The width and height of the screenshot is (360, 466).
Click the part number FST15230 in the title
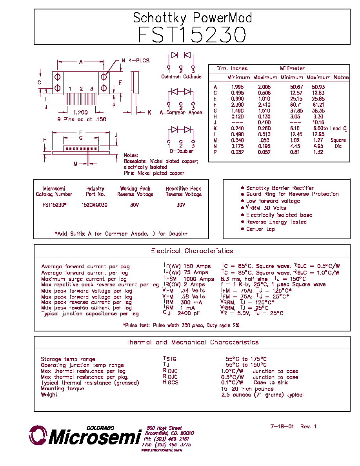click(x=192, y=35)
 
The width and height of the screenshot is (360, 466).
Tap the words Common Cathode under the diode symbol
click(x=181, y=76)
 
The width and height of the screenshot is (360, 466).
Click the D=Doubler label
click(x=182, y=151)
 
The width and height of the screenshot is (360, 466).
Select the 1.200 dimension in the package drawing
click(x=80, y=112)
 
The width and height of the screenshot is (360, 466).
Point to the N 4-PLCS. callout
click(x=136, y=61)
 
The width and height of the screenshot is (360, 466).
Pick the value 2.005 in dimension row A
click(x=264, y=87)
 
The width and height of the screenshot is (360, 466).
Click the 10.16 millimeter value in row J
click(x=318, y=122)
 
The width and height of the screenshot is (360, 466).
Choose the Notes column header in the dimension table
click(x=341, y=78)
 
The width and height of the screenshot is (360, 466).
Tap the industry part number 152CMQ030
click(x=94, y=205)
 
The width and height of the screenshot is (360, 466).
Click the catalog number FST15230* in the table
click(x=55, y=205)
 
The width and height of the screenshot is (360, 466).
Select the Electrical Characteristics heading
click(x=192, y=251)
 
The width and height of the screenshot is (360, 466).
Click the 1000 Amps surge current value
click(x=199, y=279)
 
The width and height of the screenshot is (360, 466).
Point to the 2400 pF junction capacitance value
click(x=189, y=313)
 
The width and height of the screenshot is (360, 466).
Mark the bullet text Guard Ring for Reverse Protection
click(x=292, y=194)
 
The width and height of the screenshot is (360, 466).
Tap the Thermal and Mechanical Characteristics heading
click(x=192, y=342)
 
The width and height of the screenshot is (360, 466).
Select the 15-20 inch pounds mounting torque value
click(x=247, y=389)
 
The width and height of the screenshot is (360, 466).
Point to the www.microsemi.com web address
click(x=162, y=450)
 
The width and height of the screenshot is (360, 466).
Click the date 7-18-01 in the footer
click(x=282, y=427)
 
